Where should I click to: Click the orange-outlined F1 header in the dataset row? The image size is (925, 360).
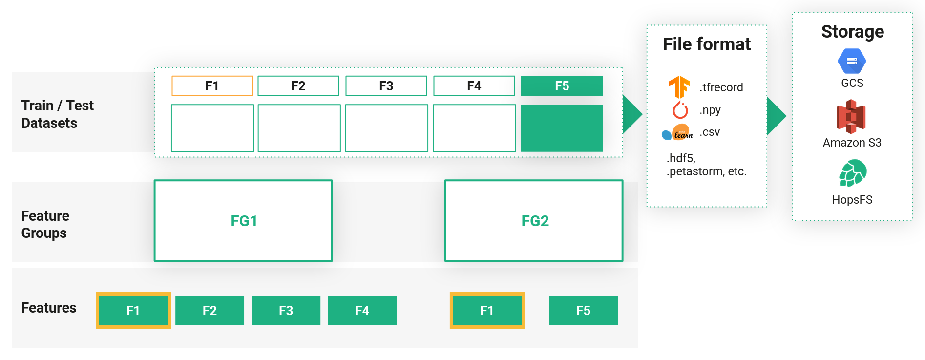tap(212, 86)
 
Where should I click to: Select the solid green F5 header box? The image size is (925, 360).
tap(562, 86)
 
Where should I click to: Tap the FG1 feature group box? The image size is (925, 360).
tap(243, 221)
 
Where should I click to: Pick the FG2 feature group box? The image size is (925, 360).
tap(534, 221)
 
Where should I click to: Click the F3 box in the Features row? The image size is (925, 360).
tap(286, 310)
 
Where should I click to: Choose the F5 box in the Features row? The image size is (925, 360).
tap(583, 310)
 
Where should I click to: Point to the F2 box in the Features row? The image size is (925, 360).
tap(210, 310)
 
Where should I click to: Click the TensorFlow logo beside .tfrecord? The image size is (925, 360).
tap(679, 87)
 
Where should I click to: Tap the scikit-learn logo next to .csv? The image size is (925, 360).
tap(678, 132)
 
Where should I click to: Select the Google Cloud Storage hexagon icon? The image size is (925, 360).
tap(852, 61)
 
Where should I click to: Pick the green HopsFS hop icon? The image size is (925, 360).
tap(852, 173)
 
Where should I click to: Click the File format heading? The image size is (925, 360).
tap(706, 44)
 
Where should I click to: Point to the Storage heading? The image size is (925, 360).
tap(852, 32)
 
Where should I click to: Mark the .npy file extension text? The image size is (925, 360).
tap(710, 110)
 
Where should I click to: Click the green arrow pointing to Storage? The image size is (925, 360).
tap(776, 116)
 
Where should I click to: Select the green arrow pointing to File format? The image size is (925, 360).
tap(631, 114)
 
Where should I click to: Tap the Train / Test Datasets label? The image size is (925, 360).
tap(57, 114)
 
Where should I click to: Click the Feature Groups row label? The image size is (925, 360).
tap(45, 224)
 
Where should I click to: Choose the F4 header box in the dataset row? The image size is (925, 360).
tap(474, 86)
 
